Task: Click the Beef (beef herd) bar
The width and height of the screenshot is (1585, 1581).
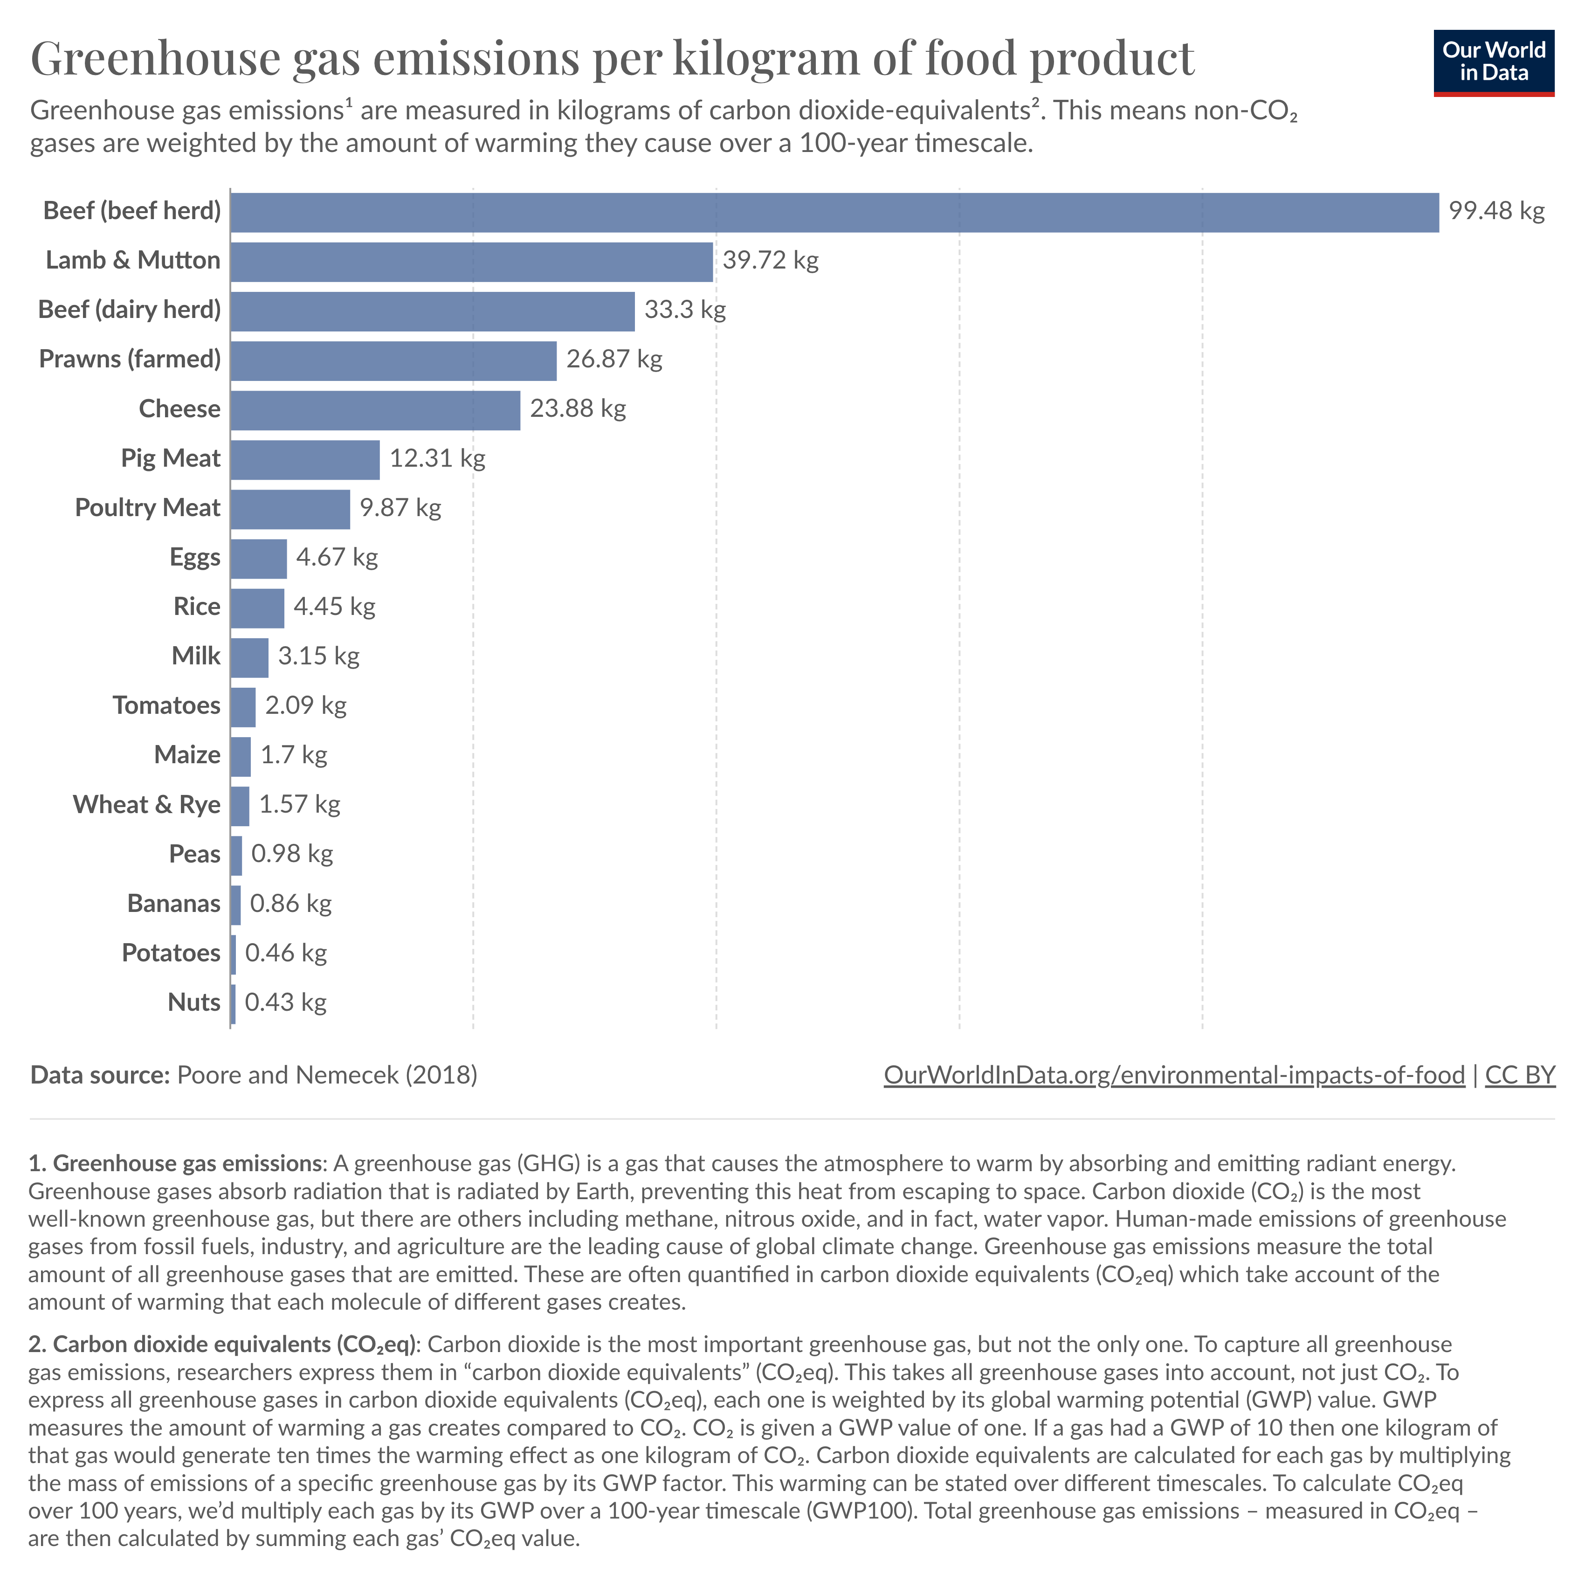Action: [834, 213]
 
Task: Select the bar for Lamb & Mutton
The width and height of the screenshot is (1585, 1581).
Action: [472, 262]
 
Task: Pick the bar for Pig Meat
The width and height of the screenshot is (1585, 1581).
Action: [305, 459]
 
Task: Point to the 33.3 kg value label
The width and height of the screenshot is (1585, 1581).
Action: [685, 310]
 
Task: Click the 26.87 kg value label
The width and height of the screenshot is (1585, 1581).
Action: [613, 359]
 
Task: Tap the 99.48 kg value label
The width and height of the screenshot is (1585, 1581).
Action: [1495, 212]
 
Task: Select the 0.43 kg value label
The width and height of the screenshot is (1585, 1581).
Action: [285, 1002]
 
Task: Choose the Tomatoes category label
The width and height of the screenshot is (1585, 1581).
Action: [166, 705]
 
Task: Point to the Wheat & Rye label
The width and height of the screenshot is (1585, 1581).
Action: [147, 805]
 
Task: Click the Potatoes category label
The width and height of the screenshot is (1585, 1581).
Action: [171, 953]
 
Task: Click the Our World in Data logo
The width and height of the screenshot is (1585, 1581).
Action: [1493, 63]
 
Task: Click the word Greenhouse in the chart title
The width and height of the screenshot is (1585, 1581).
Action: [155, 59]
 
